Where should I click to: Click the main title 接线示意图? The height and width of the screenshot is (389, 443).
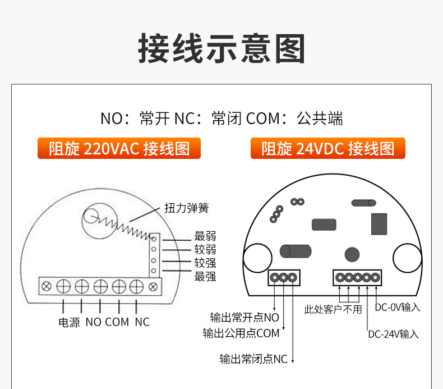click(x=221, y=48)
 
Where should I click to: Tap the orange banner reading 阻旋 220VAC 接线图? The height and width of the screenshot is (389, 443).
click(x=119, y=148)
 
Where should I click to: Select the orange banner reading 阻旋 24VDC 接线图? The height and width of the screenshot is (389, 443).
click(x=327, y=148)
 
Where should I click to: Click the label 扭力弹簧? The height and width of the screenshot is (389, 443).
click(x=187, y=208)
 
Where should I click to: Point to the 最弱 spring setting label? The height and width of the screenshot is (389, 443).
click(x=205, y=236)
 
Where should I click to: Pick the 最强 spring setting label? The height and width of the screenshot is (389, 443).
click(x=205, y=276)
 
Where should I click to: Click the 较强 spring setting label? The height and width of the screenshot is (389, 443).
click(x=205, y=263)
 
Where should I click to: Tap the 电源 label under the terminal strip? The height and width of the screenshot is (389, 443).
click(x=69, y=322)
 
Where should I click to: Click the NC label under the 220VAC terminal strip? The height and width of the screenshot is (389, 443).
click(x=142, y=322)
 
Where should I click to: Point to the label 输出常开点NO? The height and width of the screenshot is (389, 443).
click(x=244, y=317)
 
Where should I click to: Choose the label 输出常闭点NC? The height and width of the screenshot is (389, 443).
click(x=253, y=359)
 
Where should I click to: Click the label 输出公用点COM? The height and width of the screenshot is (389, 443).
click(x=241, y=333)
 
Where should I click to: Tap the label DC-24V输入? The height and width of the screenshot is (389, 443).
click(x=393, y=334)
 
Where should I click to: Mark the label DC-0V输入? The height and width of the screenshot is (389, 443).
click(x=397, y=307)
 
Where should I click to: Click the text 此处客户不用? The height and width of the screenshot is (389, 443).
click(x=333, y=309)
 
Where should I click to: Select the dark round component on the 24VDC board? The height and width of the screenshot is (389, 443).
click(x=352, y=254)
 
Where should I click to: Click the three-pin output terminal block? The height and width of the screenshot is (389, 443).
click(x=284, y=277)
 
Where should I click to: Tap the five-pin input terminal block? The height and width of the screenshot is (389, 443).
click(x=357, y=277)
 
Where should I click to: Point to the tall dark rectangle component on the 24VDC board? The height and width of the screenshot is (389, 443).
click(x=379, y=224)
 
